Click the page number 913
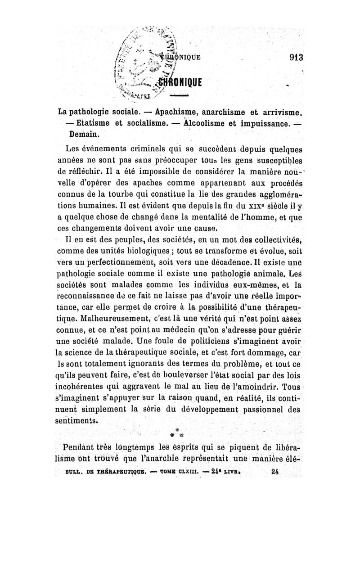(296, 57)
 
